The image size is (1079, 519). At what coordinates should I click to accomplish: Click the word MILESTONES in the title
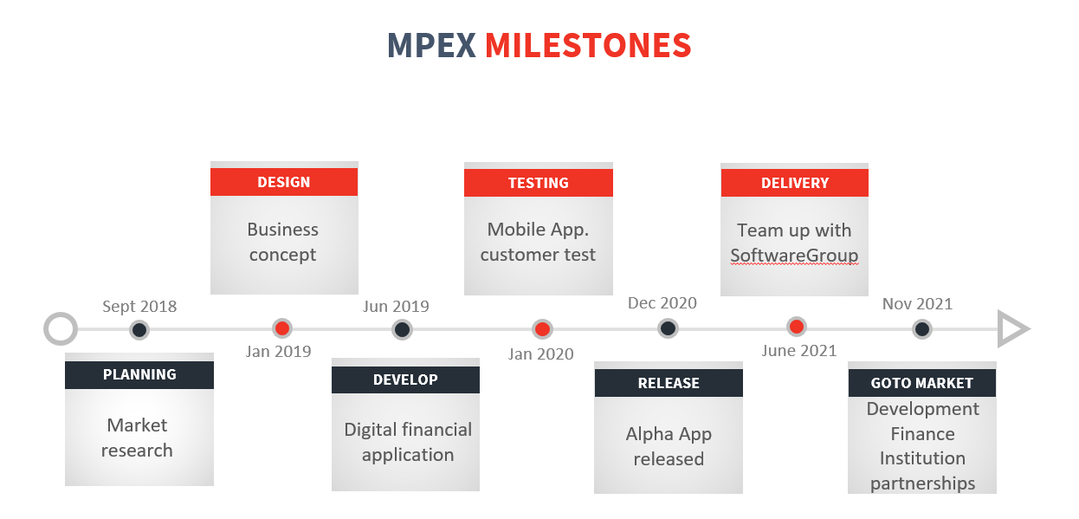587,45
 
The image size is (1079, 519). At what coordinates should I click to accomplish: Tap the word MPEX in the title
431,45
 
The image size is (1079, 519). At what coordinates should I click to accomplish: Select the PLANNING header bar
139,374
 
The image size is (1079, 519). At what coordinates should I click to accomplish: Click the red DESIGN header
283,182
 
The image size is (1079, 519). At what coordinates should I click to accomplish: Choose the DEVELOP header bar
405,380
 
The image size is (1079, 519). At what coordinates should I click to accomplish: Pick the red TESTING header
538,183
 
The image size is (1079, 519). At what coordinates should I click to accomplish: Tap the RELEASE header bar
668,383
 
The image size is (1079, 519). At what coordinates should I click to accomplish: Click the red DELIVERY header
794,183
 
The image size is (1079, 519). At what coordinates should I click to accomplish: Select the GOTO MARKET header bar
921,383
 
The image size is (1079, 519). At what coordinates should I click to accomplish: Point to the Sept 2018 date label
139,307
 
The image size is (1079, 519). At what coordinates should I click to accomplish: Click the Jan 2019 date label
278,352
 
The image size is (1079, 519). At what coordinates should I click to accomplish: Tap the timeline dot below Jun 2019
402,329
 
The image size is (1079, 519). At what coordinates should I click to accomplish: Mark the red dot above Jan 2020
542,329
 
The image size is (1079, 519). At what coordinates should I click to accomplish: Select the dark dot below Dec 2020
667,328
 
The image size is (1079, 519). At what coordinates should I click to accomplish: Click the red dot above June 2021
797,327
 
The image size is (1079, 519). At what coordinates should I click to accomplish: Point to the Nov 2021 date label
917,304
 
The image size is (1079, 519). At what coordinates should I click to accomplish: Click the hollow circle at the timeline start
61,329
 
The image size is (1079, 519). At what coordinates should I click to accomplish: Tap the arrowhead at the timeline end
1011,329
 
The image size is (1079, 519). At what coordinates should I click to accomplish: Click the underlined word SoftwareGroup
794,256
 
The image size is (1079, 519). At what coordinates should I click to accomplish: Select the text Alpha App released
669,446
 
